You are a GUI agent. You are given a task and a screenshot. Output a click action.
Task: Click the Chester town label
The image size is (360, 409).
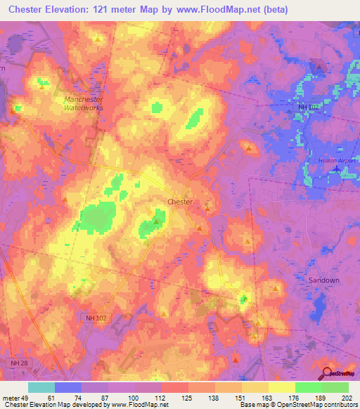[179, 202]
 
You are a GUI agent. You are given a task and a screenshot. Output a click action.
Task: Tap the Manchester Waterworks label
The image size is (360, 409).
[84, 103]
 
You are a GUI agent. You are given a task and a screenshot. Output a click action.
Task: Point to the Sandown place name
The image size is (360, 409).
[324, 280]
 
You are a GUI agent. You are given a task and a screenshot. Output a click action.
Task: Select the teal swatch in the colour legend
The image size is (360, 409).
[41, 387]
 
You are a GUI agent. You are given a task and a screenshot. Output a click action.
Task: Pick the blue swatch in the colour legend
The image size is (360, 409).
[68, 387]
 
